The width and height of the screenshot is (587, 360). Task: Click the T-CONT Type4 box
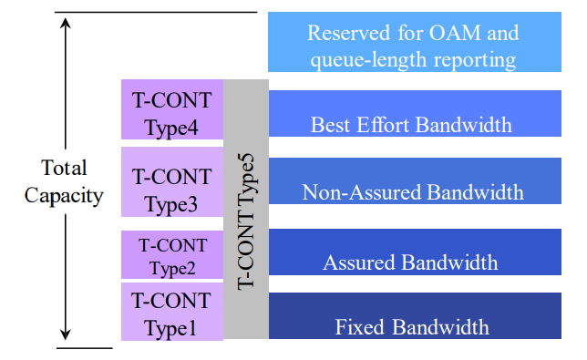[171, 110]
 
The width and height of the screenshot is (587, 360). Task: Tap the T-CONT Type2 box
[171, 255]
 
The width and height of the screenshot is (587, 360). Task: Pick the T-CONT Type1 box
[171, 313]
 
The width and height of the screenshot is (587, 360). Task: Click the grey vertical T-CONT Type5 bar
[245, 210]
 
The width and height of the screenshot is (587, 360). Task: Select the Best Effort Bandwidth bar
[414, 113]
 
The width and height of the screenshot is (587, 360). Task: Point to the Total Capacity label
[64, 181]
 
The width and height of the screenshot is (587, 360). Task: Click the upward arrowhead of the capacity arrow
[66, 19]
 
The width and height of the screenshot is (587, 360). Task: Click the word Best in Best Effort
[330, 124]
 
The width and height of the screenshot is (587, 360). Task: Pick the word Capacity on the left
[64, 195]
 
